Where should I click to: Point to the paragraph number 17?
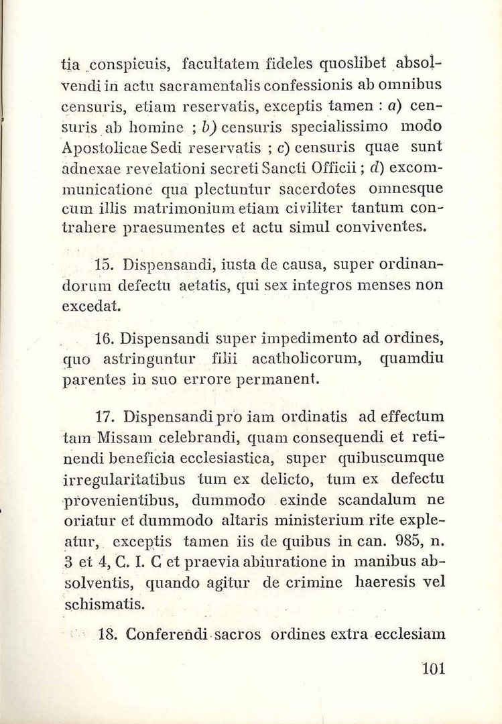click(x=105, y=418)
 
